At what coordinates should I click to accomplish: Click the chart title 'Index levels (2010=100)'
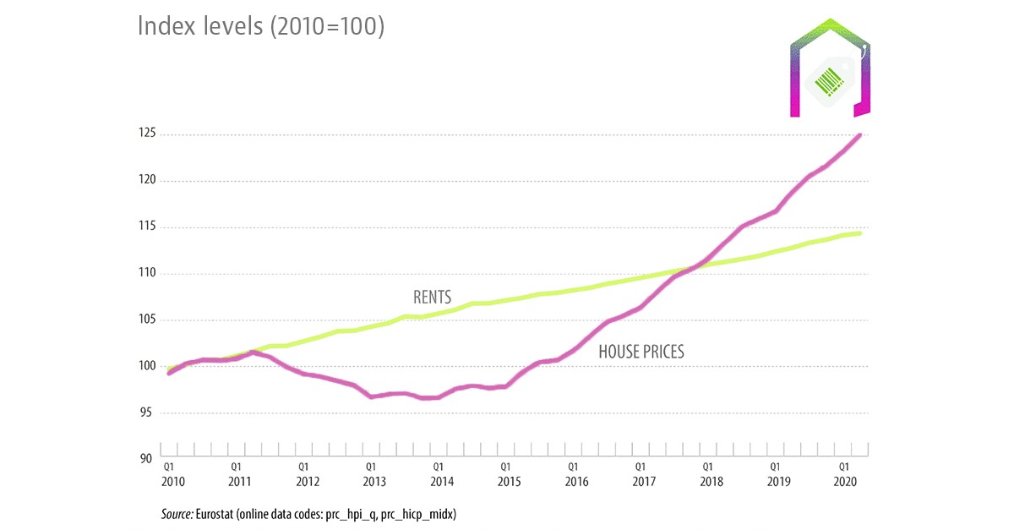tap(261, 26)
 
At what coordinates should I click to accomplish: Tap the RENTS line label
tap(432, 298)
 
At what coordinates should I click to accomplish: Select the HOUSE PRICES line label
tap(641, 352)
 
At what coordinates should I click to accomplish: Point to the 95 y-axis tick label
tap(145, 413)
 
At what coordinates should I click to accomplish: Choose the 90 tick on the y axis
tap(145, 459)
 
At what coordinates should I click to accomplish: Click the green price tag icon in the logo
tap(831, 80)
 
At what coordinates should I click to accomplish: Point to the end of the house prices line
tap(859, 135)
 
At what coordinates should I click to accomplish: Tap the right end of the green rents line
tap(859, 232)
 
